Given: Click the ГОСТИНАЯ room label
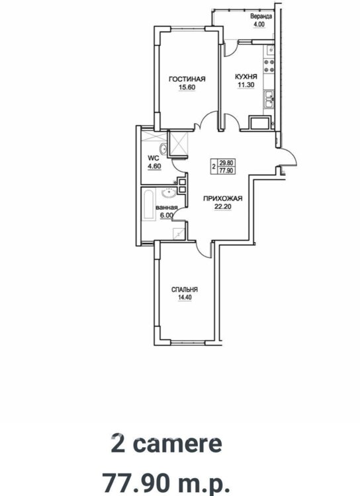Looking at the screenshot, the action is pyautogui.click(x=187, y=79).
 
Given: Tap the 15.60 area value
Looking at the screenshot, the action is pyautogui.click(x=187, y=87).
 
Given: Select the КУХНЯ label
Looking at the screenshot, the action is pyautogui.click(x=246, y=77).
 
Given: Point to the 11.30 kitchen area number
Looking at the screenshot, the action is pyautogui.click(x=246, y=85).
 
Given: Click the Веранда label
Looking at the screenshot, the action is pyautogui.click(x=261, y=17).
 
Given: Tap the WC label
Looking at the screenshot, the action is pyautogui.click(x=154, y=159).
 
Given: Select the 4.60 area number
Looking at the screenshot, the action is pyautogui.click(x=154, y=167).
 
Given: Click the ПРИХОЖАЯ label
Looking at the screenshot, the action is pyautogui.click(x=222, y=198).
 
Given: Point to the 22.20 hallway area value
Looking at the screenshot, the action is pyautogui.click(x=222, y=207).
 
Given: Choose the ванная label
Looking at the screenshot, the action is pyautogui.click(x=167, y=208).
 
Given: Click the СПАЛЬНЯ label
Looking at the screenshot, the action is pyautogui.click(x=185, y=290).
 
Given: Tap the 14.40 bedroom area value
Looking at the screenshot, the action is pyautogui.click(x=185, y=298).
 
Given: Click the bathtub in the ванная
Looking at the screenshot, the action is pyautogui.click(x=148, y=204).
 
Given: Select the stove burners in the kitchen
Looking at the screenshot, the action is pyautogui.click(x=269, y=65).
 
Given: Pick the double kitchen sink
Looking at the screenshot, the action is pyautogui.click(x=269, y=99).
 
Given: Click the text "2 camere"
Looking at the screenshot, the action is pyautogui.click(x=167, y=444).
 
